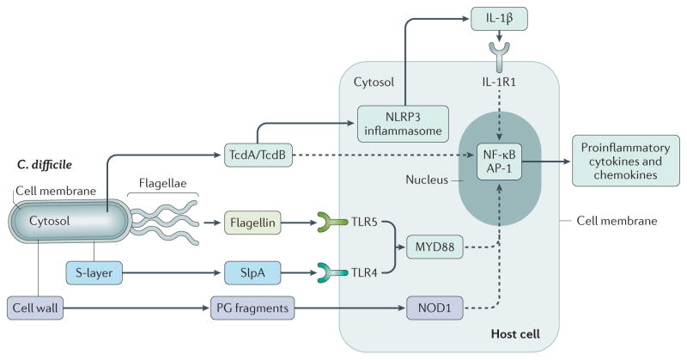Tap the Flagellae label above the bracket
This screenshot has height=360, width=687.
point(167,182)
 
